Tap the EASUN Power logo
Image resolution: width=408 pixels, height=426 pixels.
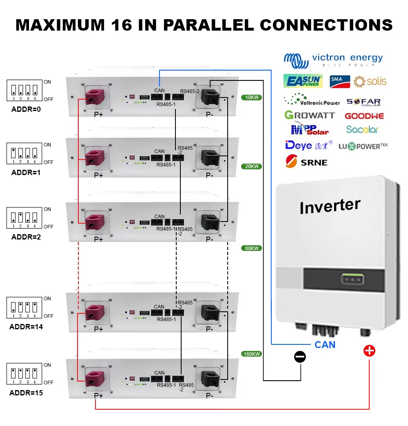303,81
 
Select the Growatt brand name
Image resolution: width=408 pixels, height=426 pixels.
309,115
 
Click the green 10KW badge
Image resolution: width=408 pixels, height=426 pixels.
251,98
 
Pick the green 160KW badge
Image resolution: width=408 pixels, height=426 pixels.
251,354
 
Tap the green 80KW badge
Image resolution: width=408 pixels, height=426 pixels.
251,248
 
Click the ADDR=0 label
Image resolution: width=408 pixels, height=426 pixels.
26,109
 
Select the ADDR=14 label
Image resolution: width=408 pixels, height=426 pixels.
26,327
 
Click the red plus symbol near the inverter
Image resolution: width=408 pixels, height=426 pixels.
369,351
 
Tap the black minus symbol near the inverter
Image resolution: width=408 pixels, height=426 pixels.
300,357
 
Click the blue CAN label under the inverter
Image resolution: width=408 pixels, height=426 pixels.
325,345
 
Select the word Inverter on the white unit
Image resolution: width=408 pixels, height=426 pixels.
330,206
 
